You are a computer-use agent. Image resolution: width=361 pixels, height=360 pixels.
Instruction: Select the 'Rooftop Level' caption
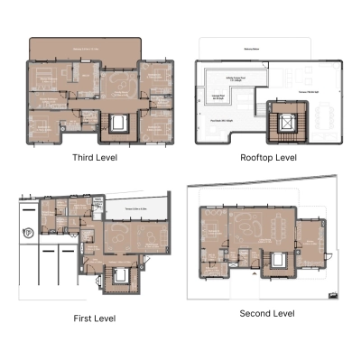coord(268,157)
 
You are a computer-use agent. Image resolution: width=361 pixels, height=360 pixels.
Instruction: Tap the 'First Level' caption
coord(94,318)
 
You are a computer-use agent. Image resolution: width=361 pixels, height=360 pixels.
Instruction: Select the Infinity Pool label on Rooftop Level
coord(236,78)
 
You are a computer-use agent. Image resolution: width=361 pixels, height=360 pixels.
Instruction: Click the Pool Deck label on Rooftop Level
coord(222,119)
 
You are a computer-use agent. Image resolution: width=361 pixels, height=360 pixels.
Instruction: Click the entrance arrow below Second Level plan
coord(334,297)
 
